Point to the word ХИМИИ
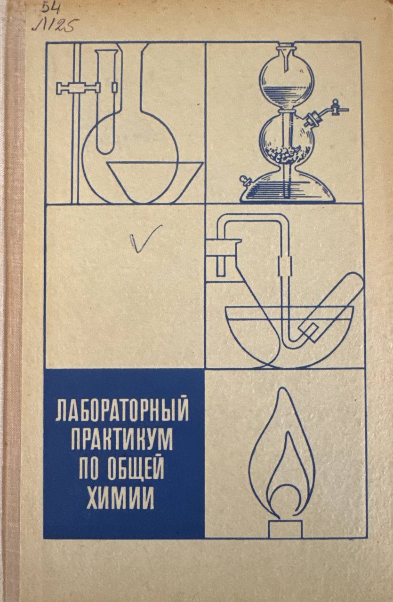pos(120,498)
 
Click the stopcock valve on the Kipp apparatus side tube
pos(336,107)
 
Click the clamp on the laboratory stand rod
pos(78,88)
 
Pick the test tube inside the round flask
pos(107,102)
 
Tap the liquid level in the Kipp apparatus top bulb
pos(287,87)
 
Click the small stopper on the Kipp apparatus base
pos(245,180)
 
